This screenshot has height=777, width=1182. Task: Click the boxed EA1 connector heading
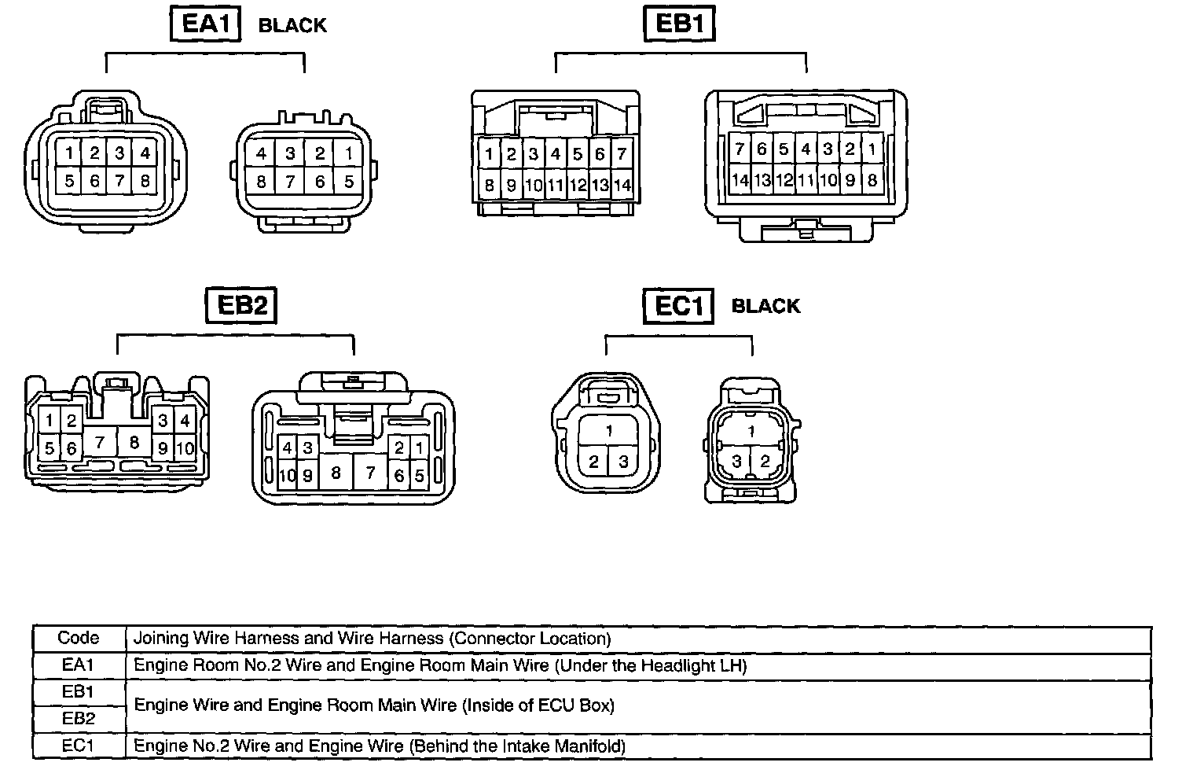205,24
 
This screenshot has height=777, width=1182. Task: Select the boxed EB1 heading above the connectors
678,24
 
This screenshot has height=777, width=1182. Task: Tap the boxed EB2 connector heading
240,305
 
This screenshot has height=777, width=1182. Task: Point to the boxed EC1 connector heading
678,305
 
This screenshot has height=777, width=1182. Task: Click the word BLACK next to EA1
292,25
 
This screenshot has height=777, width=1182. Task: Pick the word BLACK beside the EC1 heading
765,306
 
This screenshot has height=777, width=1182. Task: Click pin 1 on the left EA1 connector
69,153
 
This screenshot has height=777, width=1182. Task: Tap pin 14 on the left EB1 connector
622,186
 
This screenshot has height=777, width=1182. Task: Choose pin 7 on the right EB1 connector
740,148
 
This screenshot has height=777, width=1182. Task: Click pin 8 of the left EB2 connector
134,443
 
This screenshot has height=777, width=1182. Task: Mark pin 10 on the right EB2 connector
287,475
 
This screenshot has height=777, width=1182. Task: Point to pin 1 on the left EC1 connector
609,430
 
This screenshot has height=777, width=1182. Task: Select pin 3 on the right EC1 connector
737,461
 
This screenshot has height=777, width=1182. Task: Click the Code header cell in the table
79,638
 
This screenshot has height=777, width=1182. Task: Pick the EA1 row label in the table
79,665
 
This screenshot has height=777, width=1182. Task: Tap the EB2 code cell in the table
79,718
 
